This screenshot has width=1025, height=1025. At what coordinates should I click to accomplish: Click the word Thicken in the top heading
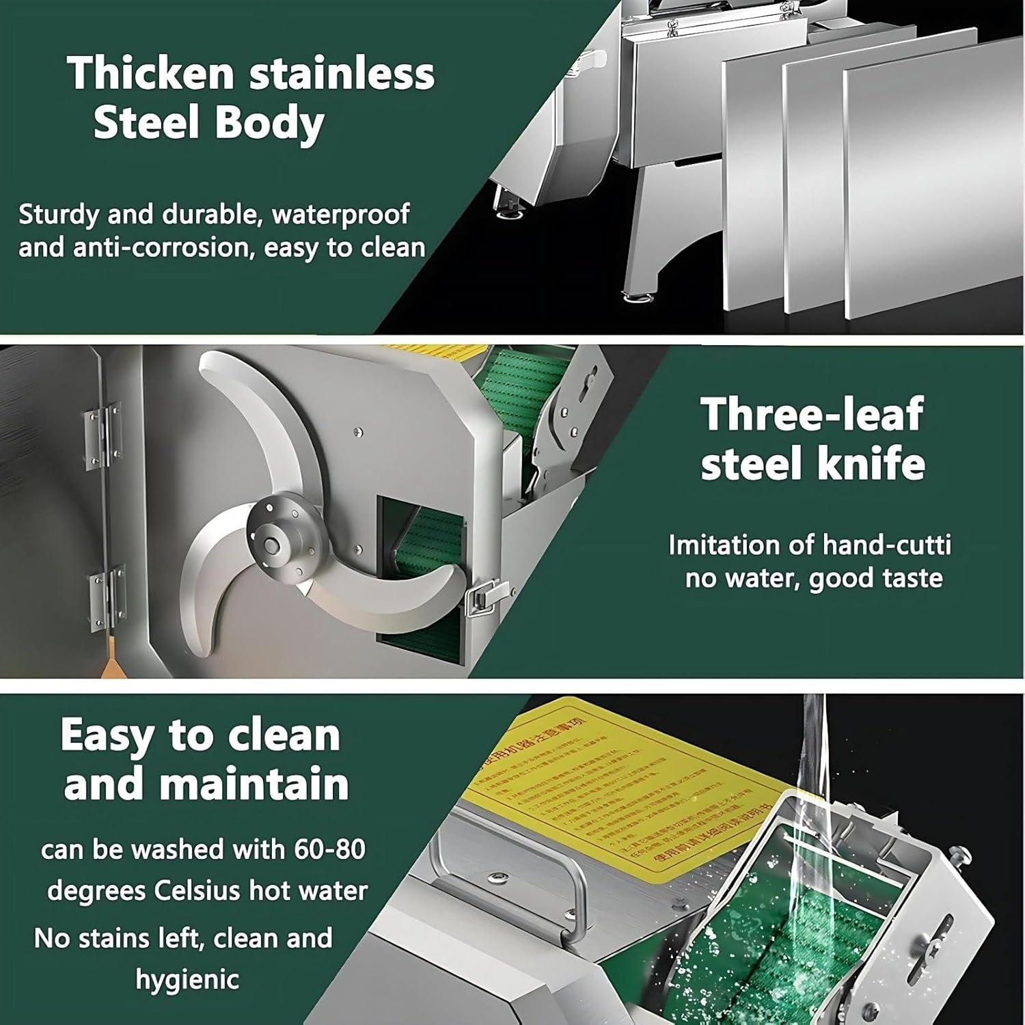151,73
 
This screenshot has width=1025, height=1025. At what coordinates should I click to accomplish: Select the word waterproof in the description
340,215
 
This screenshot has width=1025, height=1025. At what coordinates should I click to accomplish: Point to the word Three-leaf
812,413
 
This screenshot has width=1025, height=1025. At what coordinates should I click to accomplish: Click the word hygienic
187,979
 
